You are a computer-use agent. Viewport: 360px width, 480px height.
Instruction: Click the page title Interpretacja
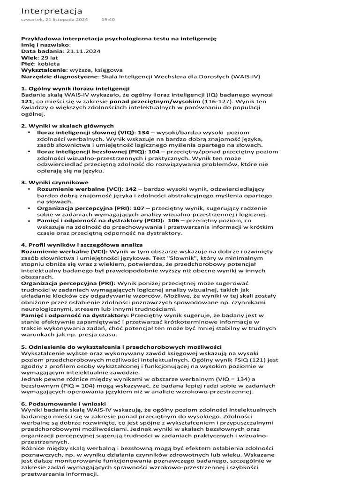[x=52, y=10]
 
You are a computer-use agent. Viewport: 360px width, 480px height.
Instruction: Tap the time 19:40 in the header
[x=108, y=20]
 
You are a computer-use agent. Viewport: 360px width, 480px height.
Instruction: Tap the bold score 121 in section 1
[x=27, y=101]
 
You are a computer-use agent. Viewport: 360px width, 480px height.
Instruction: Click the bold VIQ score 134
[x=144, y=133]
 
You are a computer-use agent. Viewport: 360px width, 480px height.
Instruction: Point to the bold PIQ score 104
[x=154, y=152]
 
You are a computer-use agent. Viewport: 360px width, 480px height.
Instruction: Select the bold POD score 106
[x=173, y=220]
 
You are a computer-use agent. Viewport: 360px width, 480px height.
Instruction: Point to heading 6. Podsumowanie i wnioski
[x=63, y=403]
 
